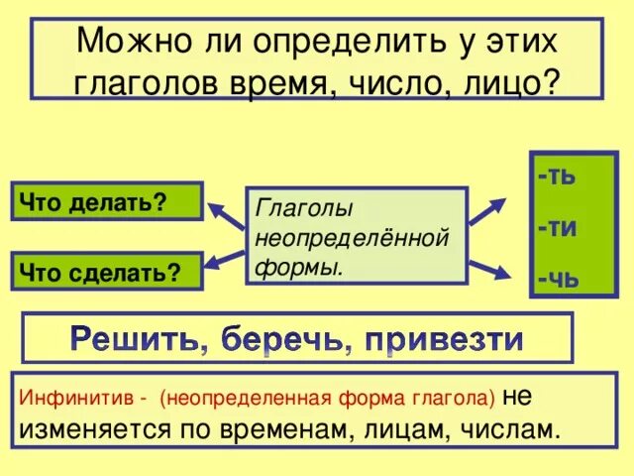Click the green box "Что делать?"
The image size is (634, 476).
(x=106, y=201)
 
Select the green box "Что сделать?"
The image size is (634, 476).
(x=106, y=272)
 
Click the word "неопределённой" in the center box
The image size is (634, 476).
(x=352, y=238)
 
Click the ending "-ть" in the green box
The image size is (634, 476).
(x=558, y=177)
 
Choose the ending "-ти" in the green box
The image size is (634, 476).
(x=558, y=227)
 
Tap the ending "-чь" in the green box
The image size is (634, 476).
(x=558, y=278)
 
